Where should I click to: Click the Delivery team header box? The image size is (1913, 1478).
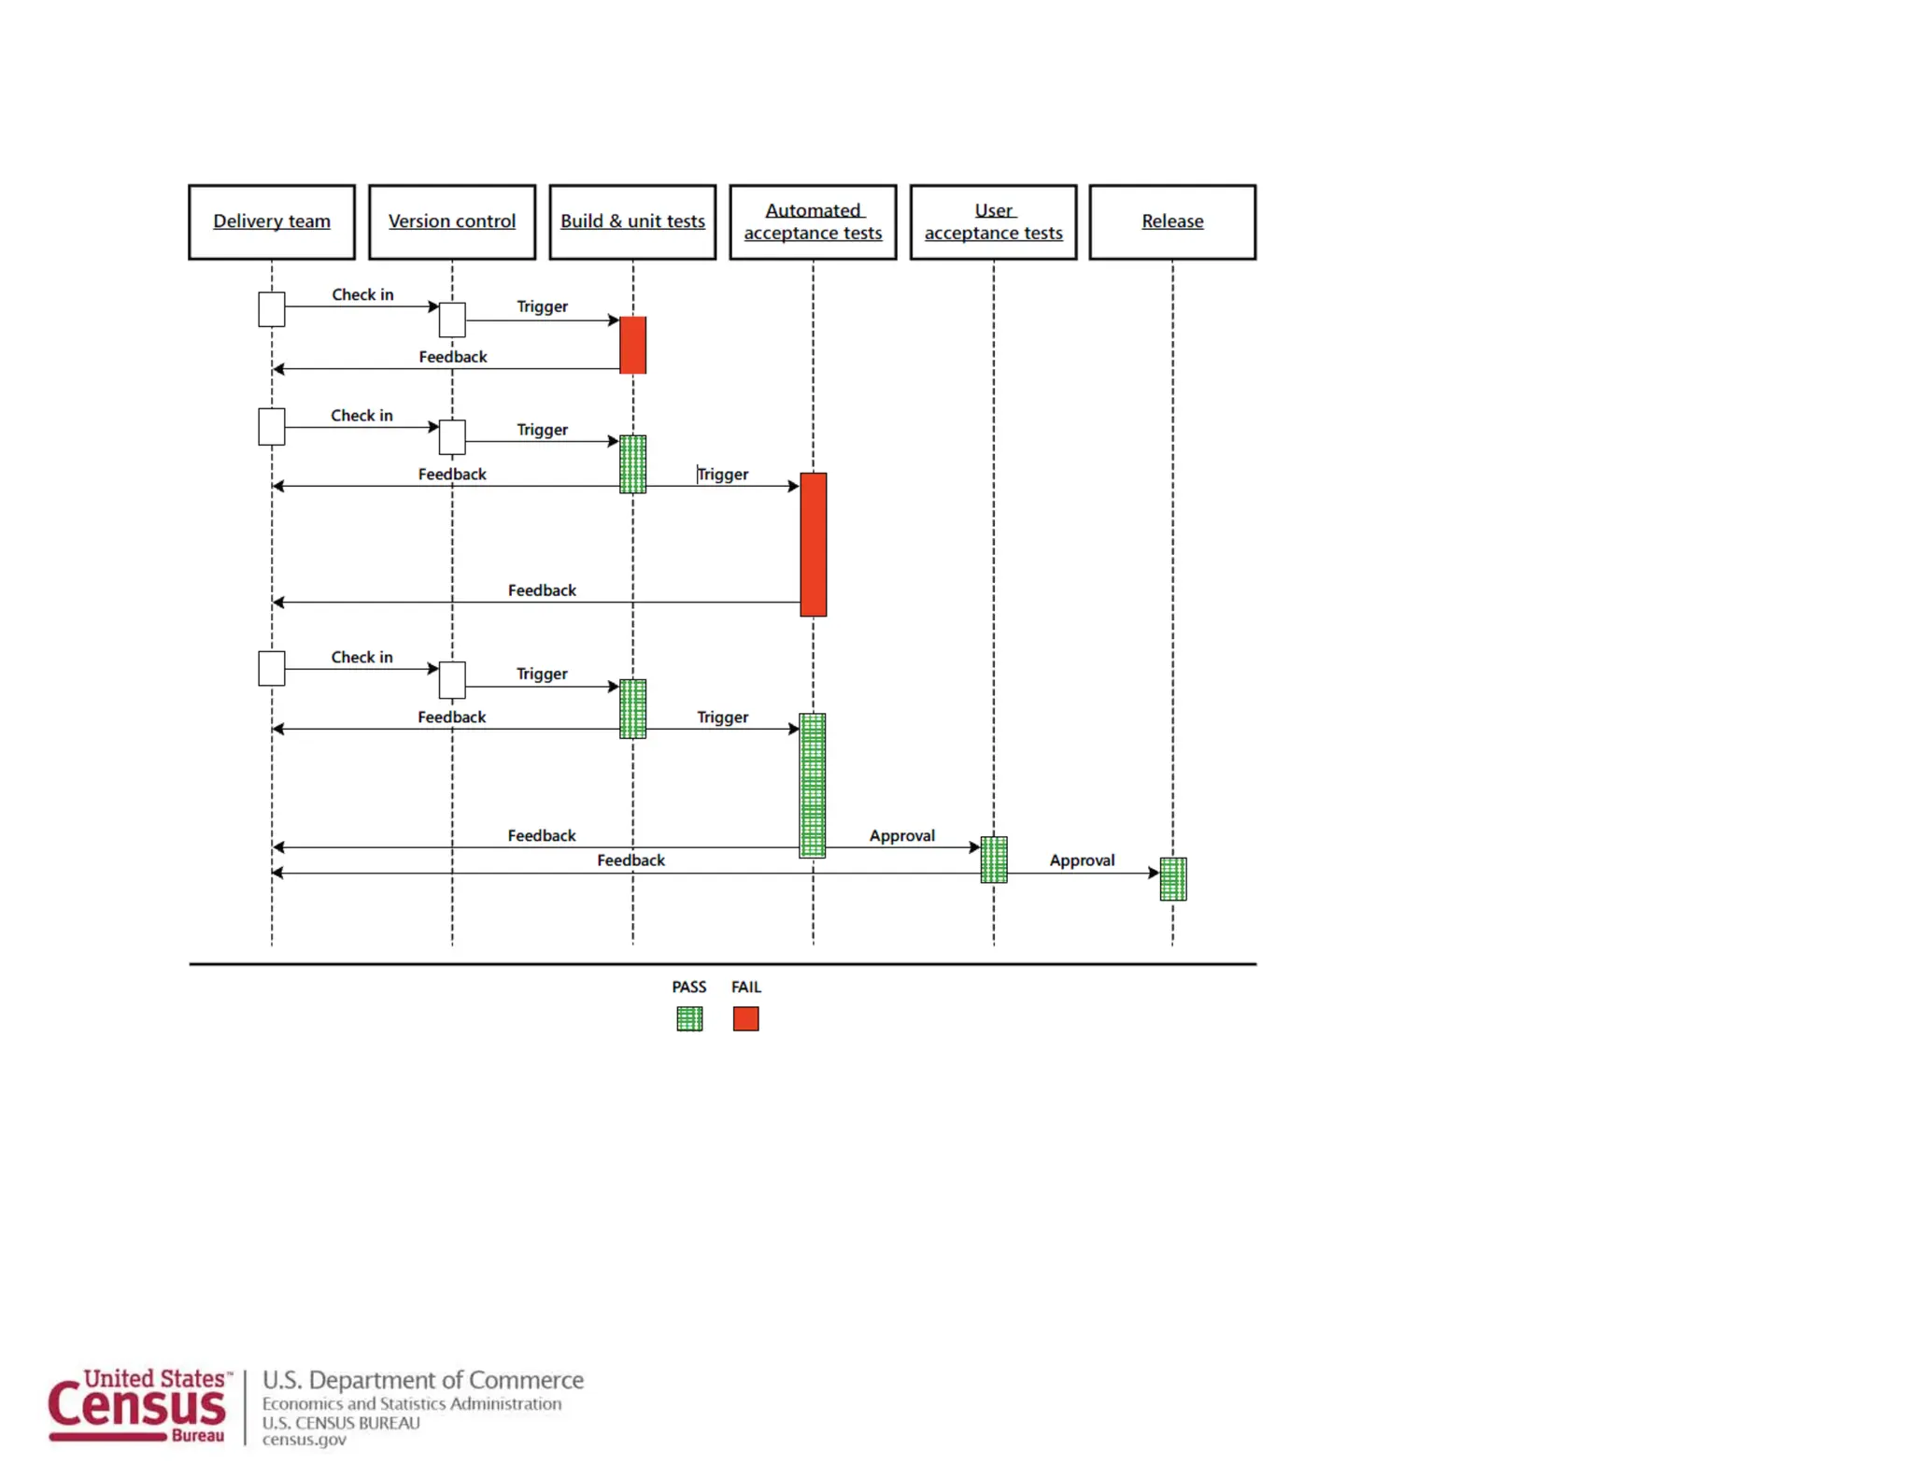[x=272, y=221]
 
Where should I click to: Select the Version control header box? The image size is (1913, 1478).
[x=452, y=221]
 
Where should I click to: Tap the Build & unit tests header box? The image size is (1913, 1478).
[x=632, y=221]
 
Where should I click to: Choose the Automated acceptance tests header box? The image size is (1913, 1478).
[x=813, y=221]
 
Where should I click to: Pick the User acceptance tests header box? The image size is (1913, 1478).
[x=993, y=221]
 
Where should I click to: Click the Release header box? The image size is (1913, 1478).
[x=1172, y=221]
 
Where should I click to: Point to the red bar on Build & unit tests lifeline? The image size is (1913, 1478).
[x=632, y=345]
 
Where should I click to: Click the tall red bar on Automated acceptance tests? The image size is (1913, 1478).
[x=813, y=544]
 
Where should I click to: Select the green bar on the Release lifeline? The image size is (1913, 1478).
[x=1172, y=878]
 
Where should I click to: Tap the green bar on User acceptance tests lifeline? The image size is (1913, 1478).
[x=994, y=860]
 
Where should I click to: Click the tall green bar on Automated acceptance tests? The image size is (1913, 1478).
[x=813, y=785]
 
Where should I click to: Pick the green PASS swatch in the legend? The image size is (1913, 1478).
[x=689, y=1018]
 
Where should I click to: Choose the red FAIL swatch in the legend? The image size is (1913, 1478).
[x=745, y=1018]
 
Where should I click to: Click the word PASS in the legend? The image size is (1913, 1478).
[x=689, y=987]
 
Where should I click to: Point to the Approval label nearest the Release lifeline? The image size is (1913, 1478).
[x=1082, y=860]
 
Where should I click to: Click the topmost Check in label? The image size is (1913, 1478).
[x=362, y=294]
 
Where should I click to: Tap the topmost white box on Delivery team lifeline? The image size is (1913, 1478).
[x=272, y=309]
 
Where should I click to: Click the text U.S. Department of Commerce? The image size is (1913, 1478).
[x=422, y=1380]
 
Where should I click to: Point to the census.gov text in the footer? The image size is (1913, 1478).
[x=304, y=1440]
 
